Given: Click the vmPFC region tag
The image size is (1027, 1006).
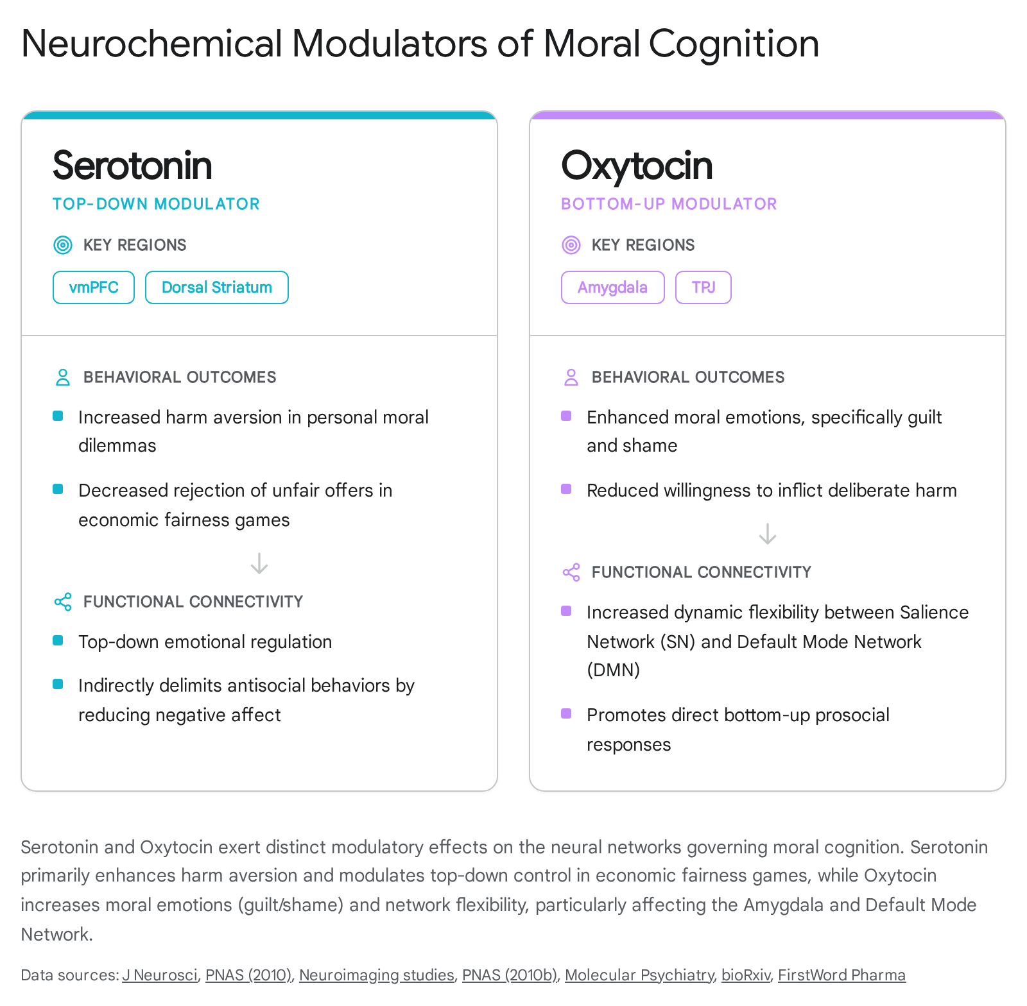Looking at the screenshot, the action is [94, 287].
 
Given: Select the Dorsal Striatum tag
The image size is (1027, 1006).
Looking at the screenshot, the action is [217, 287].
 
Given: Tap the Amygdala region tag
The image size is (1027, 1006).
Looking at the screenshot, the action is [613, 287].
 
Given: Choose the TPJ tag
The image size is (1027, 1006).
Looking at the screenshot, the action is [703, 287].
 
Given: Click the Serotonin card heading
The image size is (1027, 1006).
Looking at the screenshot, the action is [132, 166].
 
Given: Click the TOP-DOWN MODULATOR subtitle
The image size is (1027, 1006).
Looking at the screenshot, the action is [156, 204].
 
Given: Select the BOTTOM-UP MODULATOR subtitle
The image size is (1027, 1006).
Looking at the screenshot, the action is [669, 204].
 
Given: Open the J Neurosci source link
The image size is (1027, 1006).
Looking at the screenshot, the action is [160, 975].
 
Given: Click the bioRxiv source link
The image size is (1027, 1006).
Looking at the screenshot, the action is [746, 975].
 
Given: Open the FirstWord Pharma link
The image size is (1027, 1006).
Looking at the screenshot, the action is [841, 975].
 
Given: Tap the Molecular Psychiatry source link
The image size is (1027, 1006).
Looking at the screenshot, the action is [639, 975].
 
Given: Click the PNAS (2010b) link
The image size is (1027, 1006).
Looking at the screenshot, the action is [510, 975].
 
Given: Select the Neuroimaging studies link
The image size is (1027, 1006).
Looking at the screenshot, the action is [377, 975].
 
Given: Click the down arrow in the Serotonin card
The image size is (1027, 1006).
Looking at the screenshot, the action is [259, 563].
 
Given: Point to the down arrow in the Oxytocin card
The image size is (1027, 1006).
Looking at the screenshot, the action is [768, 534].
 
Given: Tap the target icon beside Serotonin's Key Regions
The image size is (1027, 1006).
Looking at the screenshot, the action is [63, 245].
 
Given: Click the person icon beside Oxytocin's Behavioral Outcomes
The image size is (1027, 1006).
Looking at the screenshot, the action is [571, 377].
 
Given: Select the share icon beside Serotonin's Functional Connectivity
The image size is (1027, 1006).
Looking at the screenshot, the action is [63, 602].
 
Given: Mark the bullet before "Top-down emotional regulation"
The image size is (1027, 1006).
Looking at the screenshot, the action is [58, 640].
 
